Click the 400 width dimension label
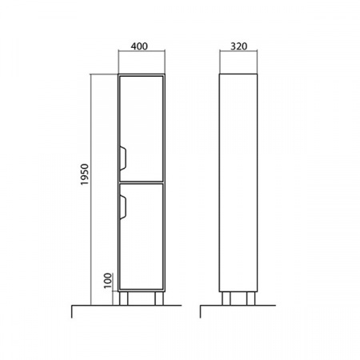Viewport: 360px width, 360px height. [139, 46]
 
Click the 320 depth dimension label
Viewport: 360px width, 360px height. [238, 46]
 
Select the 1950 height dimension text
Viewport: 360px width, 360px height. [85, 174]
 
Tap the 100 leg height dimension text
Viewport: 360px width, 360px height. [108, 281]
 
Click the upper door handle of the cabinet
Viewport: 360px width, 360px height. [122, 158]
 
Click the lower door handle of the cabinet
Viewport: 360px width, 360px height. [122, 207]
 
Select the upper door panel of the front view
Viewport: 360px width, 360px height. [142, 129]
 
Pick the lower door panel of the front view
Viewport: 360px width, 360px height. [142, 237]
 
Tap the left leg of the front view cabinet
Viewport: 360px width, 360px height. [124, 298]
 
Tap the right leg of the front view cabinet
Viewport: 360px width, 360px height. [159, 298]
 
